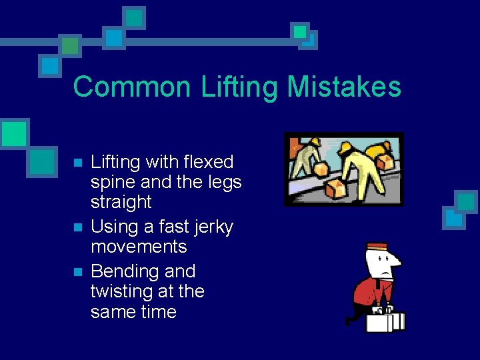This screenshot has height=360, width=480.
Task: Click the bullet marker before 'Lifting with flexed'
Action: [x=77, y=163]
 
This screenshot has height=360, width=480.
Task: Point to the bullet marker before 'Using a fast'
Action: [x=77, y=227]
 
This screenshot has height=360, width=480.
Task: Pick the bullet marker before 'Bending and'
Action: [x=77, y=272]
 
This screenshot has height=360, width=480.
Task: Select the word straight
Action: [x=121, y=202]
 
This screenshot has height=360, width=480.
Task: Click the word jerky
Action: [x=209, y=227]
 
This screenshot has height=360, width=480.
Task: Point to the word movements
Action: [x=139, y=247]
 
